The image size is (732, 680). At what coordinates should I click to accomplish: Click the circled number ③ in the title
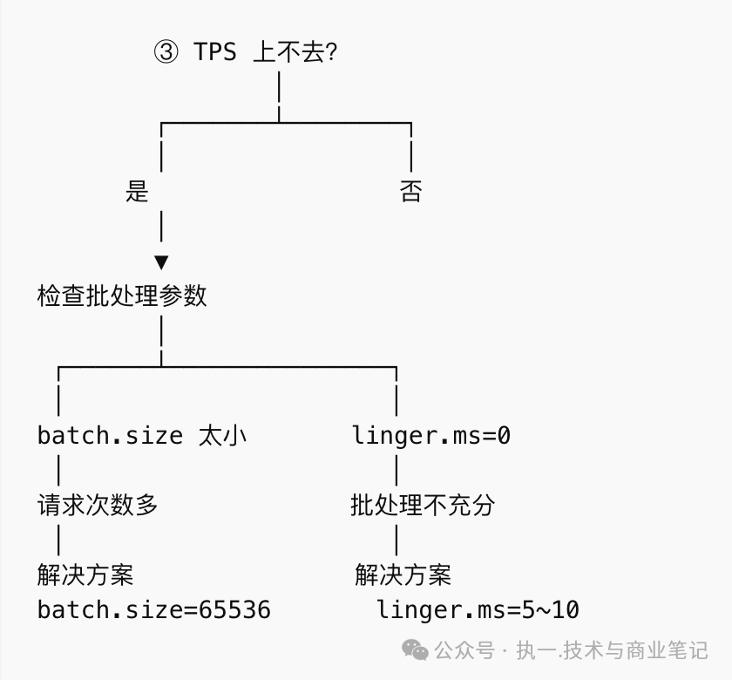point(166,52)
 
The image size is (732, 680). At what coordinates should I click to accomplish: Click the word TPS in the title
point(215,52)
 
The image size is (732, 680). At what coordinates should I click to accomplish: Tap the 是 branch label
point(137,191)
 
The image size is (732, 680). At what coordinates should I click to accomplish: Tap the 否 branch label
point(410,191)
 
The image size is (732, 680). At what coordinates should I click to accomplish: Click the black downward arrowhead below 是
point(161,262)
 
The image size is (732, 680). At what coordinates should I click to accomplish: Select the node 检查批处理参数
point(122,296)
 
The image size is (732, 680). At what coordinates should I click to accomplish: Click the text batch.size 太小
point(142,435)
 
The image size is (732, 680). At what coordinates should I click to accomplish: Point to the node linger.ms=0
point(430,435)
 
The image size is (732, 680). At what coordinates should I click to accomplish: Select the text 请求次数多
point(98,505)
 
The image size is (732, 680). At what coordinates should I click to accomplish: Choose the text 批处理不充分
point(423,505)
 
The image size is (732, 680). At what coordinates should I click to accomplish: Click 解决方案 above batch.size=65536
point(85,575)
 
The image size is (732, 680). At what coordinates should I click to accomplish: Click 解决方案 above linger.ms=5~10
point(403,575)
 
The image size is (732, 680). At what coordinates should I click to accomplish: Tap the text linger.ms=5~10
point(478,609)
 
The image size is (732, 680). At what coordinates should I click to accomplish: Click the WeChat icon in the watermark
point(415,649)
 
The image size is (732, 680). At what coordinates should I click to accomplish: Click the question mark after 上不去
point(330,52)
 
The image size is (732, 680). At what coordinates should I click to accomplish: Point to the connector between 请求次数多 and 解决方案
point(58,540)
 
